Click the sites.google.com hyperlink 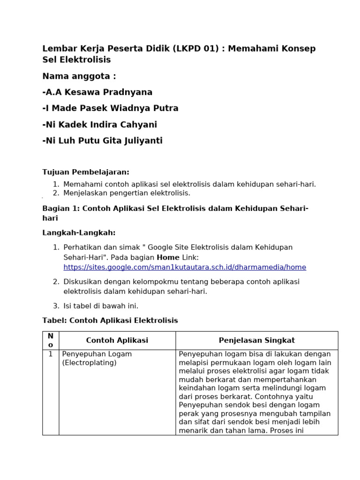(185, 267)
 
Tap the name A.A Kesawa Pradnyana (97, 92)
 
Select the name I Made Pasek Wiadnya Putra (111, 108)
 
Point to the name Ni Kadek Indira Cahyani (100, 125)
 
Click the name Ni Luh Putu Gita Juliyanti (103, 141)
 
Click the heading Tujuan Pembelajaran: (86, 172)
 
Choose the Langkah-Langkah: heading (79, 232)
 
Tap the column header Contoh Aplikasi (117, 340)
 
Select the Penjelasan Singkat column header (257, 340)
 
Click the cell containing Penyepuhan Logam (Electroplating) (97, 358)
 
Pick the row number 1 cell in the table (51, 354)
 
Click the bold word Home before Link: (168, 257)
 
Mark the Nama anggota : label (79, 76)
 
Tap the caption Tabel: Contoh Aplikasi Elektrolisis (110, 321)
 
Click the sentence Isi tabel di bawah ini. (101, 306)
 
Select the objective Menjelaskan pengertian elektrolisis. (127, 193)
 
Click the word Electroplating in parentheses (89, 362)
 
